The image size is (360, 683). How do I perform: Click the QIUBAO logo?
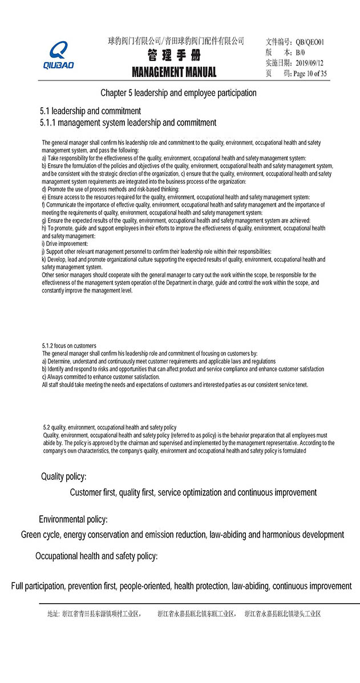tap(58, 56)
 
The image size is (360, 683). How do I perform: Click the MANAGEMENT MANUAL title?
tap(174, 72)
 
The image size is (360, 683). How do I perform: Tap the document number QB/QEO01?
tap(310, 42)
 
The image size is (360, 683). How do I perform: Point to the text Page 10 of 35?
tap(310, 74)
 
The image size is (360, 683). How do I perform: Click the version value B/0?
tap(300, 52)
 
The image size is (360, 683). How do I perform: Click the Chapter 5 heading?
tap(179, 93)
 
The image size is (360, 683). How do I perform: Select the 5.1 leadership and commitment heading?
tap(90, 111)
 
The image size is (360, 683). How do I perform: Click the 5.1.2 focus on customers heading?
tap(69, 346)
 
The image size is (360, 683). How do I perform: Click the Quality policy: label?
tap(63, 476)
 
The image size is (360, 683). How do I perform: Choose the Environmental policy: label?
tap(73, 519)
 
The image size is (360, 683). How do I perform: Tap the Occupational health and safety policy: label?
tap(96, 556)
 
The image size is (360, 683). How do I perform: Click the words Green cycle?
tap(41, 535)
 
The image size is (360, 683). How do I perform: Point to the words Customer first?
tap(93, 492)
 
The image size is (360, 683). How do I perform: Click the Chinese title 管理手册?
tap(174, 56)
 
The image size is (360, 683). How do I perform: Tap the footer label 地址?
tap(52, 614)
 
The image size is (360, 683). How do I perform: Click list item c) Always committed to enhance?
tap(101, 377)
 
